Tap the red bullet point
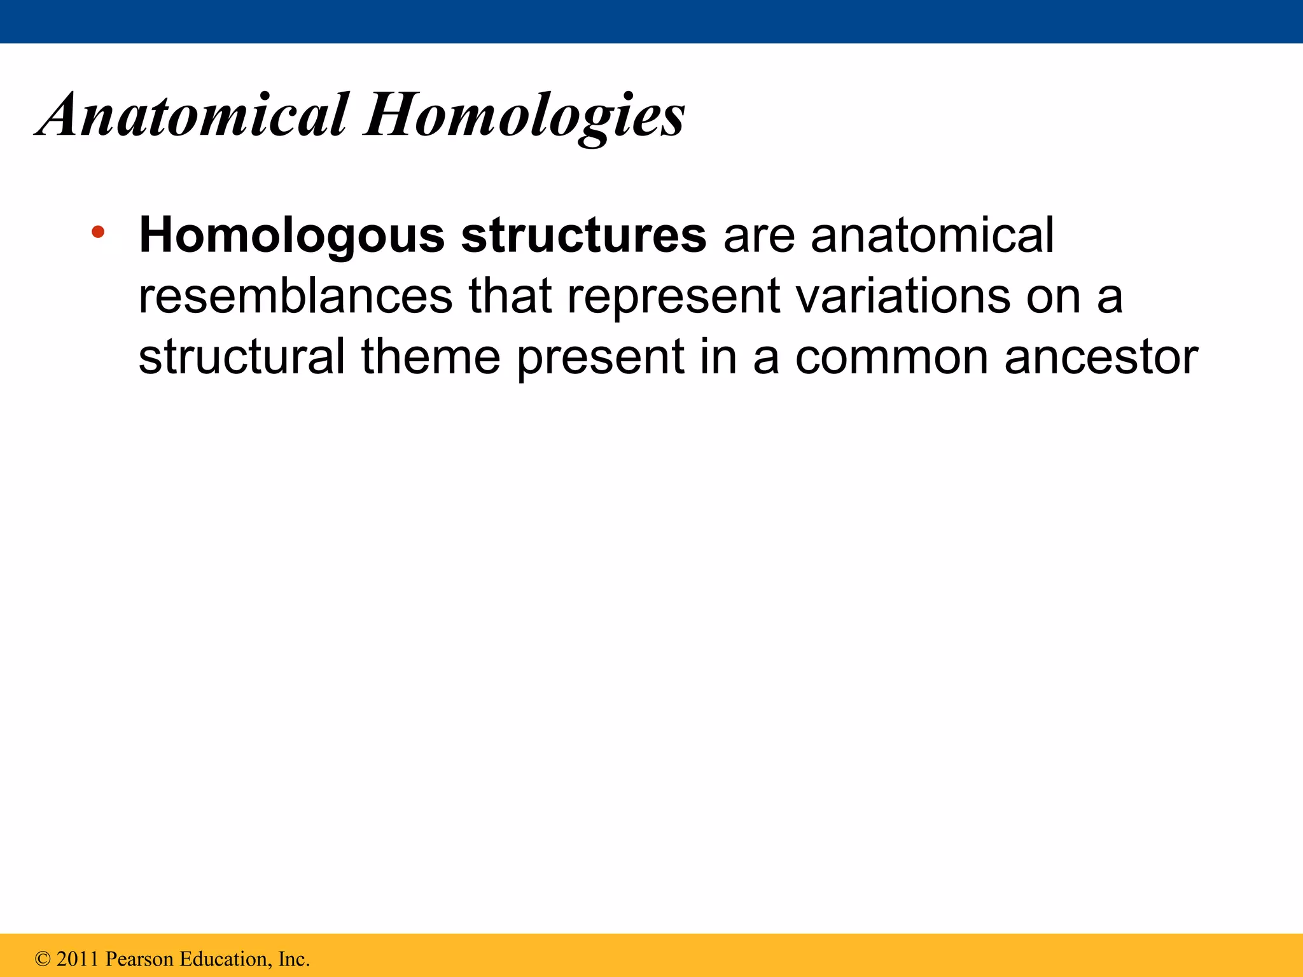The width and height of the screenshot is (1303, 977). (x=97, y=232)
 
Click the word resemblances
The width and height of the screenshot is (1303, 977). (x=295, y=296)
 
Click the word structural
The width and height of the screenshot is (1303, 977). (x=242, y=357)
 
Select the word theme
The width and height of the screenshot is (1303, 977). (x=431, y=357)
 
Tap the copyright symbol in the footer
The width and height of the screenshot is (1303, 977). (x=43, y=959)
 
